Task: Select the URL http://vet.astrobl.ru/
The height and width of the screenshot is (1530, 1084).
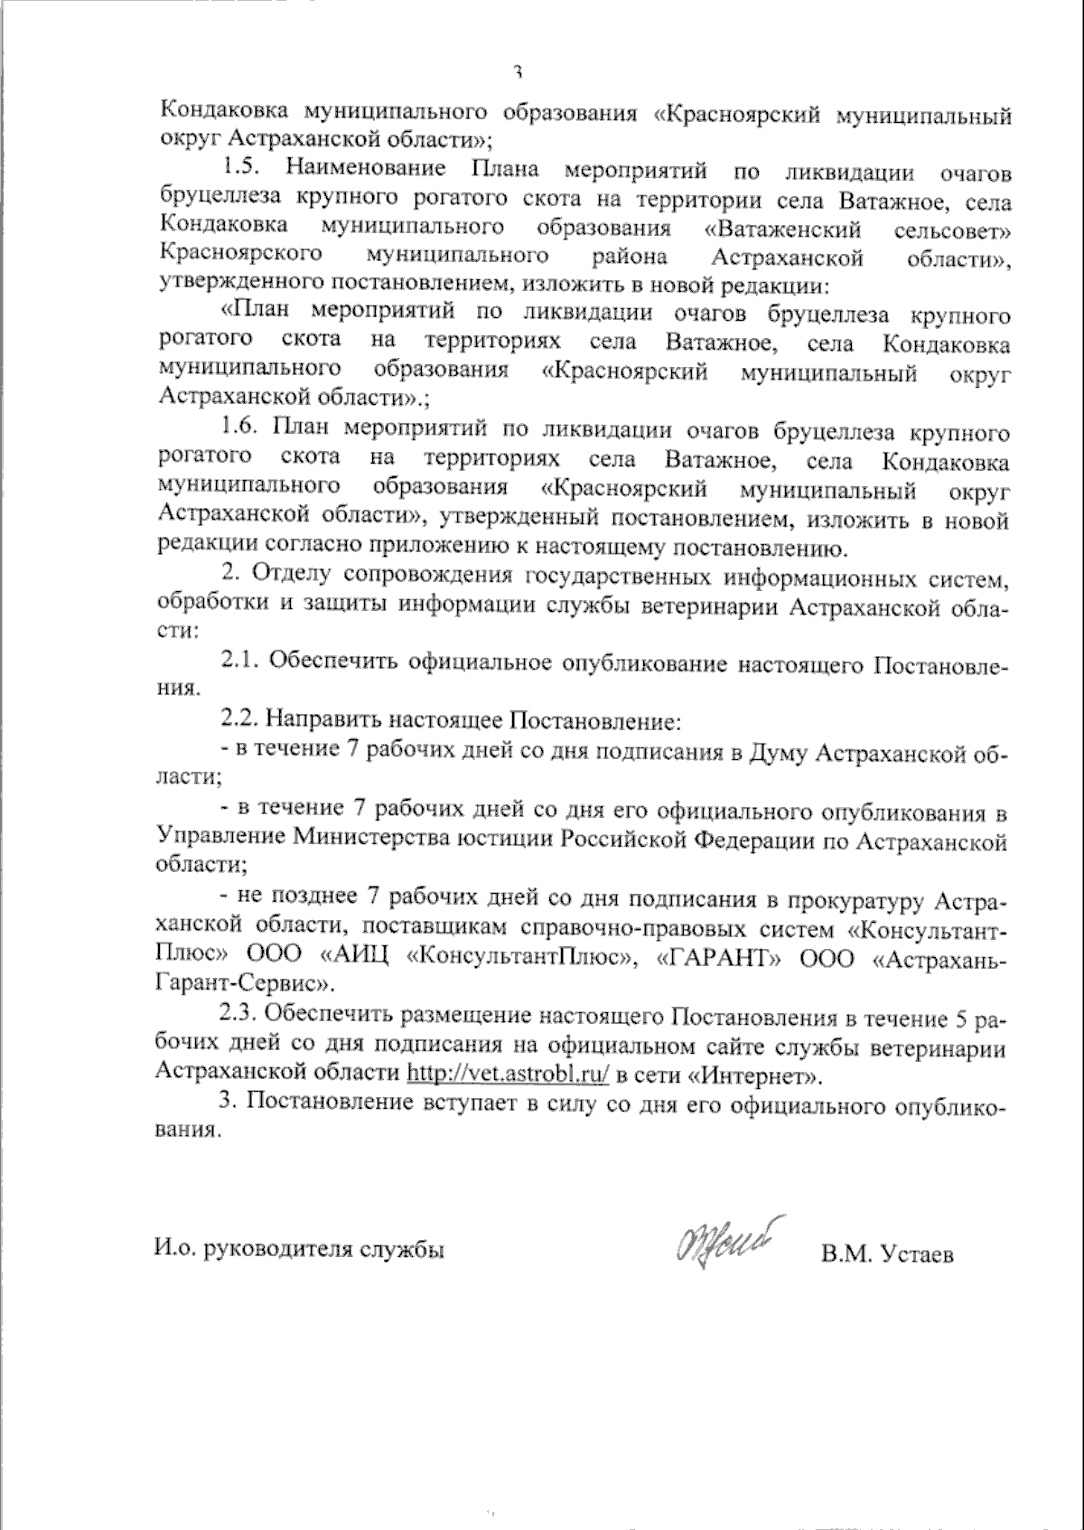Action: [x=509, y=1076]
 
